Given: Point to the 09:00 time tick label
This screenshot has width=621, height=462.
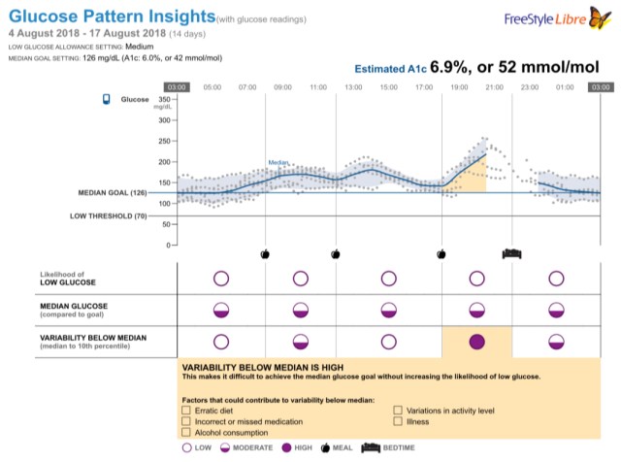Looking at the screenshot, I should point(282,87).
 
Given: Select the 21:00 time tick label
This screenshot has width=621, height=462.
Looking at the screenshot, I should point(494,87).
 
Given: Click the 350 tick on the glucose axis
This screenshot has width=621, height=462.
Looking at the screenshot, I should point(163,99).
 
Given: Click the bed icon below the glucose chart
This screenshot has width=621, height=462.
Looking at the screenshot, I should point(511,252).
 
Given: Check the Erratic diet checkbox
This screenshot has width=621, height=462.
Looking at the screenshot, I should point(186,411).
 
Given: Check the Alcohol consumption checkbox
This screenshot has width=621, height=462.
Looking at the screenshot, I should point(186,434).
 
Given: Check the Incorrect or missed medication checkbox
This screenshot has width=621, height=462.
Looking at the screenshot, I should point(186,422).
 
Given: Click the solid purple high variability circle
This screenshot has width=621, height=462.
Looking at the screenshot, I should point(476,342).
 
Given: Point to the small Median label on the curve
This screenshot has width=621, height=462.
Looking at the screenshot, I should point(280,163).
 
